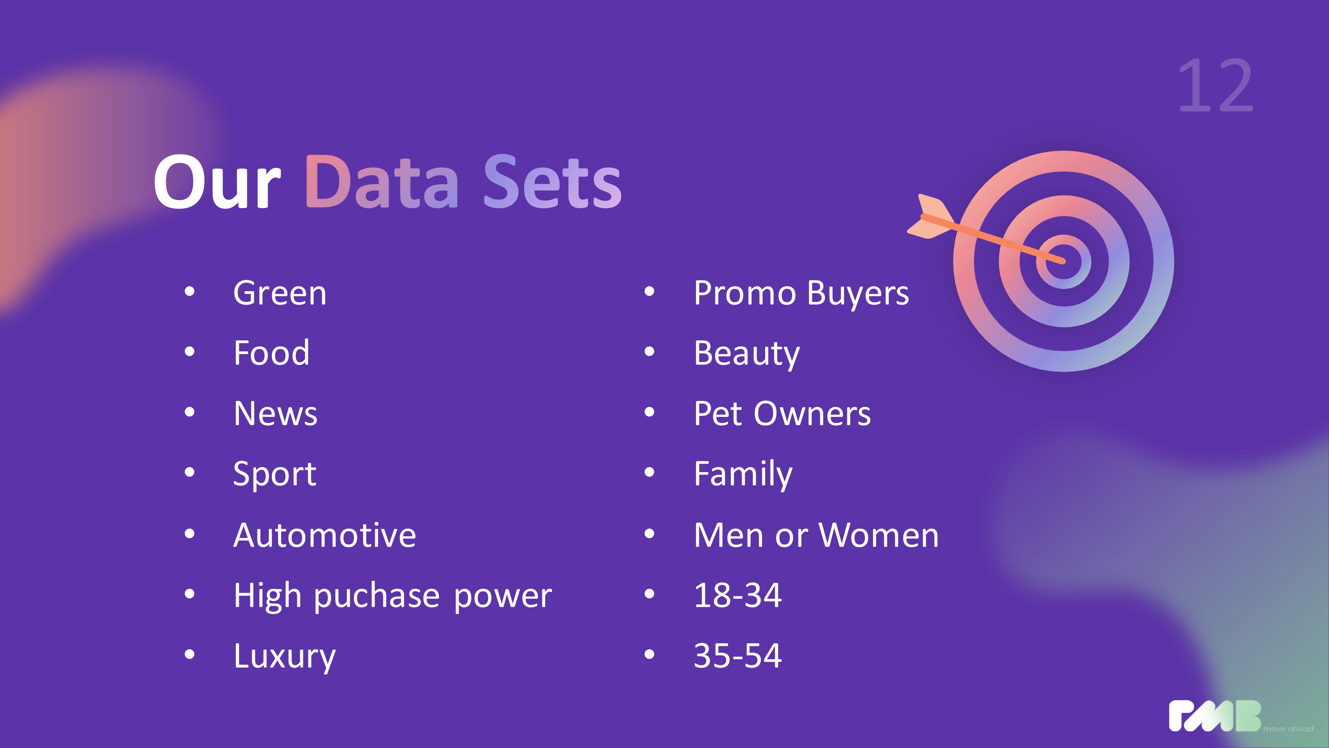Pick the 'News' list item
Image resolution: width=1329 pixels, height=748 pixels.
point(275,414)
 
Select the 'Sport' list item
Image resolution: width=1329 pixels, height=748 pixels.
point(274,474)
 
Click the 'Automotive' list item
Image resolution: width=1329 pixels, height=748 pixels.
point(325,535)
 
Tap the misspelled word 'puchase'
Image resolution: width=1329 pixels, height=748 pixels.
point(377,596)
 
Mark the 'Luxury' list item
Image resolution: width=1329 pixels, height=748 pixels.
point(285,657)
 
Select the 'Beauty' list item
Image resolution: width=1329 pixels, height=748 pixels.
point(747,354)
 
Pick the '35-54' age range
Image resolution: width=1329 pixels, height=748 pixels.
point(738,656)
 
